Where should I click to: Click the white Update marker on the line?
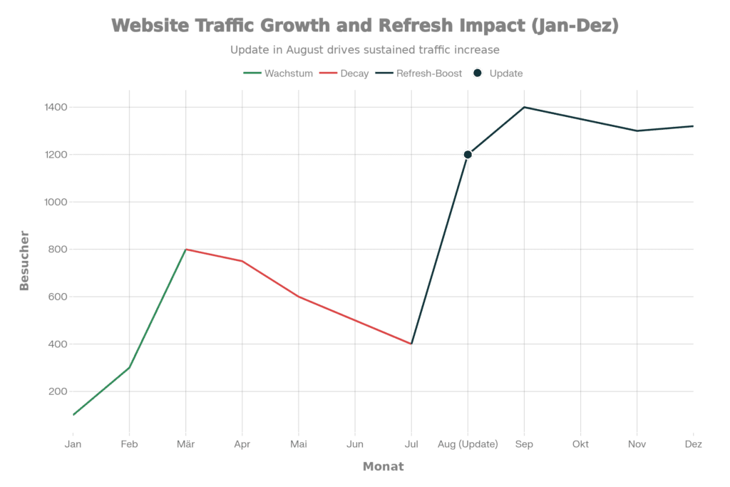click(468, 155)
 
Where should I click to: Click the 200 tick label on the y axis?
click(58, 391)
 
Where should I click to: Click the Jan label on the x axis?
click(73, 444)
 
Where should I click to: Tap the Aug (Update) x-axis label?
click(468, 444)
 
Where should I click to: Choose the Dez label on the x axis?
click(693, 444)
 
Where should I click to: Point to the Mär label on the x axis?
click(185, 444)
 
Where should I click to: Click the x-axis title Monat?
click(383, 467)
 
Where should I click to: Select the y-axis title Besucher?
click(24, 260)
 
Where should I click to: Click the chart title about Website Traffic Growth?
click(365, 26)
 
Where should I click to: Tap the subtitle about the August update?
click(365, 50)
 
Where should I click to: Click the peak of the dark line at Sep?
click(524, 108)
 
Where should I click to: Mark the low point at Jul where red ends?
click(411, 344)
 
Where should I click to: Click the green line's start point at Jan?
click(73, 415)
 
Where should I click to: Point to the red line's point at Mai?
click(299, 297)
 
